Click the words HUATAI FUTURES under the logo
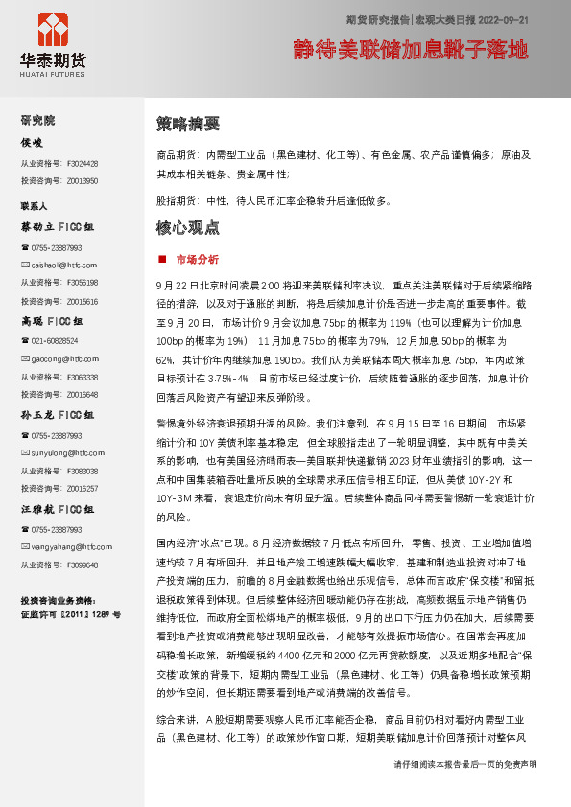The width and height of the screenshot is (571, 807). click(x=53, y=71)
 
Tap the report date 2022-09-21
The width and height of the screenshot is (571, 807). click(x=499, y=19)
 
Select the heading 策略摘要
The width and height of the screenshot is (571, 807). click(x=188, y=124)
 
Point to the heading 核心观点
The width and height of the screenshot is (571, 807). click(x=188, y=228)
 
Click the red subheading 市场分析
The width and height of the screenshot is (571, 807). click(x=198, y=259)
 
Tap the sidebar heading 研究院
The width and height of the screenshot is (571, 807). click(x=38, y=121)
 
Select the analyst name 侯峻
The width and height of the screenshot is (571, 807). click(x=33, y=143)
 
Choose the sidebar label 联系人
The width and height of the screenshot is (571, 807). click(x=35, y=206)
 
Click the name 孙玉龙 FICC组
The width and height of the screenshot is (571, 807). click(x=58, y=416)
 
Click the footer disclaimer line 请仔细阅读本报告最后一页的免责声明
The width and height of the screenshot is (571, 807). click(x=465, y=792)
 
